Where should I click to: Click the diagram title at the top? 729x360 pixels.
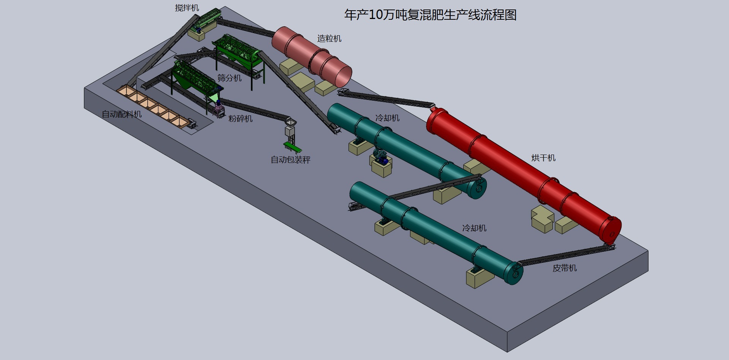(430, 15)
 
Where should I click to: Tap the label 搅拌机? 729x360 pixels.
(187, 8)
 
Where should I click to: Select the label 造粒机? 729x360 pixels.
(329, 38)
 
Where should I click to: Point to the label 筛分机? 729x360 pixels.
(229, 78)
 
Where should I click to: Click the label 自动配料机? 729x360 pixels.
(121, 114)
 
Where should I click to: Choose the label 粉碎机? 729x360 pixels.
(240, 118)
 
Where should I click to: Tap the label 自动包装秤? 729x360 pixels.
(290, 160)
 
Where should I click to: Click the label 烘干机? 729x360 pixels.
(543, 158)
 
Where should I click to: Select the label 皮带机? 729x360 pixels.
(565, 268)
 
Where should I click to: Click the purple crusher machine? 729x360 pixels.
(218, 108)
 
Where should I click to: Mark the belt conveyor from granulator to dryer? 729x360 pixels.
(385, 99)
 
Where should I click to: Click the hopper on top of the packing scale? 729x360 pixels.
(290, 122)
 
